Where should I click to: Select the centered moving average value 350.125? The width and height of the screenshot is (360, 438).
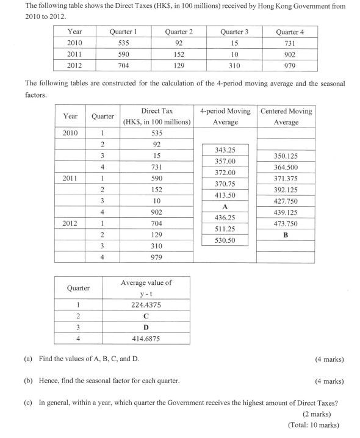coord(286,157)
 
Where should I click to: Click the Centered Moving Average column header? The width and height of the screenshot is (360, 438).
coord(286,117)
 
